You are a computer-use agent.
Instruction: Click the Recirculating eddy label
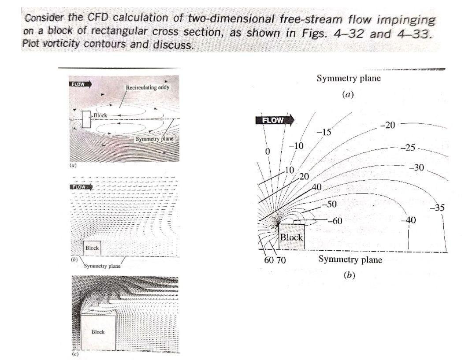pos(148,88)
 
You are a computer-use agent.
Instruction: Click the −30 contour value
pos(416,167)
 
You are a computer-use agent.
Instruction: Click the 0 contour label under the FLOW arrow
pos(267,151)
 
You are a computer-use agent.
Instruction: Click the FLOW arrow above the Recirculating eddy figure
pos(80,84)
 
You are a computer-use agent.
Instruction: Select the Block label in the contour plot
pos(292,237)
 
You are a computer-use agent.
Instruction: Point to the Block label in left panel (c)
pos(98,331)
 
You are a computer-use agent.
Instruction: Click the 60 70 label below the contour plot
pos(275,260)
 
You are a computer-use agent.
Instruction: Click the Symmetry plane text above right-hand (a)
pos(348,78)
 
